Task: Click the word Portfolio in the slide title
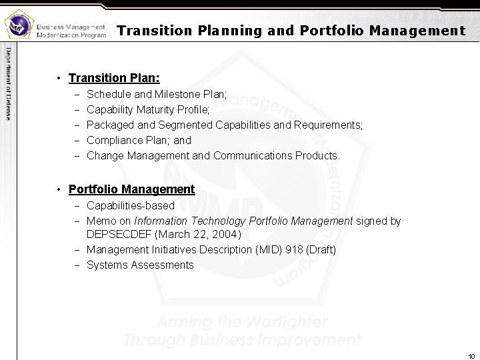click(x=327, y=31)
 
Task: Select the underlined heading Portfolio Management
click(x=131, y=189)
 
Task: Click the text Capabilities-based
click(x=131, y=205)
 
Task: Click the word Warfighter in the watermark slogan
click(x=287, y=321)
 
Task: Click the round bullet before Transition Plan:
click(x=60, y=77)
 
